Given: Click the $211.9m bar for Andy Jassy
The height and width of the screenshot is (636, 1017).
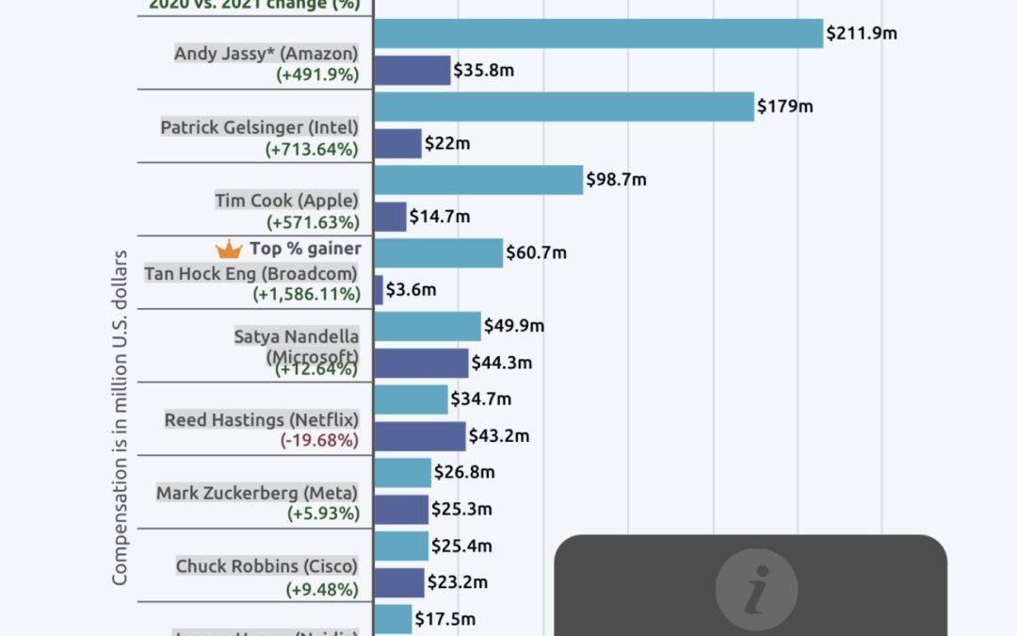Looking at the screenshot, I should (598, 33).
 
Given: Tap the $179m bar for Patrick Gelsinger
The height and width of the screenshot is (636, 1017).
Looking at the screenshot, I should (564, 106).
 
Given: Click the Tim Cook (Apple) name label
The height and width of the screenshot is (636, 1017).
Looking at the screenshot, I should (286, 200).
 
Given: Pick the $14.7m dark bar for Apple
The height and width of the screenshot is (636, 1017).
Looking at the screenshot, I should (390, 217).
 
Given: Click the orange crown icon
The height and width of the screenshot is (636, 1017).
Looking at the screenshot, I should (229, 250).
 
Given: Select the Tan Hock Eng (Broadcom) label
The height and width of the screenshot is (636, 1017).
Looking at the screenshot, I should (250, 273).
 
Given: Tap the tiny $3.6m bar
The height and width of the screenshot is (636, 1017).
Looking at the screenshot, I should (379, 290).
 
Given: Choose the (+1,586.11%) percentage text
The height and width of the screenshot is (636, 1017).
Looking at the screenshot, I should (306, 295).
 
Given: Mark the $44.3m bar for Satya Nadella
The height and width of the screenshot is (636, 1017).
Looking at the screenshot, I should (421, 363).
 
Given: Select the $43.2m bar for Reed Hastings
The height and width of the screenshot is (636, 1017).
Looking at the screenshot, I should (420, 436).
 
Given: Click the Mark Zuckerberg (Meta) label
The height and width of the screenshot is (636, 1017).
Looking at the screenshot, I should (257, 493).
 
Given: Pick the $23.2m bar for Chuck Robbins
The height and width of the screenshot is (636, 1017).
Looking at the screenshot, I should (399, 582).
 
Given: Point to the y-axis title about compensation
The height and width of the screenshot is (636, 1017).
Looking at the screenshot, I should (121, 417).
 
